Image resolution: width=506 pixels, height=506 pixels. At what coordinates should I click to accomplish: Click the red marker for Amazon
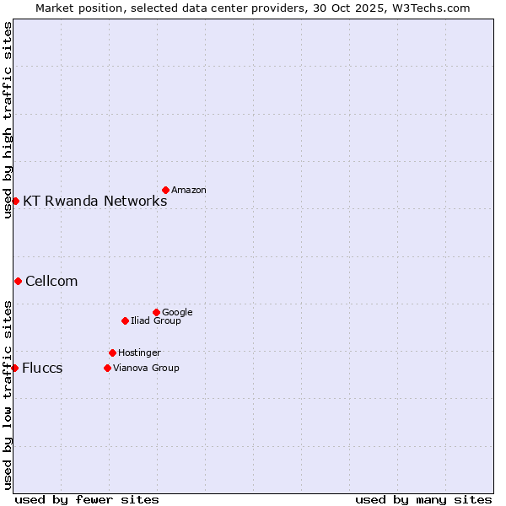tap(165, 190)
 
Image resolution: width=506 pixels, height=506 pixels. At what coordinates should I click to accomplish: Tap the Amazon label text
tap(188, 191)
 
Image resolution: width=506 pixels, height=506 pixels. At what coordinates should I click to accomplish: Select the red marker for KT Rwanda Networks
tap(15, 201)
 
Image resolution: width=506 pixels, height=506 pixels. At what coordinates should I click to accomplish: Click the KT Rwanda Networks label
tap(94, 201)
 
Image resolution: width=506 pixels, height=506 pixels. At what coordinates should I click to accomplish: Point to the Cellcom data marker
tap(18, 281)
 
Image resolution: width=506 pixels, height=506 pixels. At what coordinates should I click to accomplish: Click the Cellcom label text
tap(51, 282)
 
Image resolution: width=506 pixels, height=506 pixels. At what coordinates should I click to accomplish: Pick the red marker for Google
tap(156, 312)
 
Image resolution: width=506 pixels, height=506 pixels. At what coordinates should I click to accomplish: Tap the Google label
tap(177, 313)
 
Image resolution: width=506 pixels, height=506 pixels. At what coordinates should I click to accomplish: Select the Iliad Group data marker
tap(125, 320)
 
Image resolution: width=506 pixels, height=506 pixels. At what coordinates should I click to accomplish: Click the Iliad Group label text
tap(156, 321)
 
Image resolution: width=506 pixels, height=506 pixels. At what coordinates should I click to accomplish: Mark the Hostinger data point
tap(112, 353)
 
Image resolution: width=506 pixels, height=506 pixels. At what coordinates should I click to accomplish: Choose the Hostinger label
tap(139, 353)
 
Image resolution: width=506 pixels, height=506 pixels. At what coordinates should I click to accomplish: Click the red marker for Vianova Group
tap(107, 368)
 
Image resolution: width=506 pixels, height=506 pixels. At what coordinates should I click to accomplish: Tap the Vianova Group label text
tap(146, 369)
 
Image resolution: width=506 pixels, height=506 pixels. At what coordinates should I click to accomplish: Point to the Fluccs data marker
tap(14, 368)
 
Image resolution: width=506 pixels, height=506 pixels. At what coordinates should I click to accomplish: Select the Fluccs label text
tap(42, 369)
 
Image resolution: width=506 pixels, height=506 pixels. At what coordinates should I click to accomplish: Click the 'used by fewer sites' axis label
tap(87, 499)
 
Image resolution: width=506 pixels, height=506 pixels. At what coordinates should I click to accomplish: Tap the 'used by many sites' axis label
tap(423, 499)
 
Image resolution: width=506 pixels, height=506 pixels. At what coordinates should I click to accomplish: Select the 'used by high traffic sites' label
tap(8, 120)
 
